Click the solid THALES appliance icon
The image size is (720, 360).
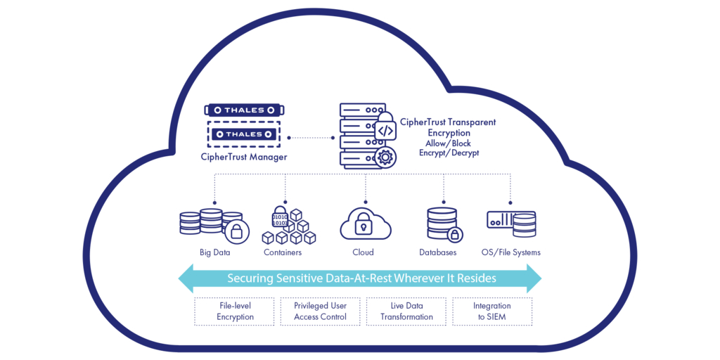[244, 110]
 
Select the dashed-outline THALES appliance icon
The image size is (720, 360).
[244, 134]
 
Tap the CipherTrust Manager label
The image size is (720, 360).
[243, 157]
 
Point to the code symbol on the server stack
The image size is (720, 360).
[385, 131]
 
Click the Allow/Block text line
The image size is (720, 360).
[449, 143]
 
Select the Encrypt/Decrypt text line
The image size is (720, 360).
[449, 153]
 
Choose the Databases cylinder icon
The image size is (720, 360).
[443, 224]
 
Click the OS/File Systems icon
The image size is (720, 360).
[511, 224]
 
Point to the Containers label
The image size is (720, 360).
[283, 252]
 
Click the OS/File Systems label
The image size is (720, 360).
[511, 252]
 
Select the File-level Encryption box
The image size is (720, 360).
[234, 311]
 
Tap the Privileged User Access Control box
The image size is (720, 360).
[320, 311]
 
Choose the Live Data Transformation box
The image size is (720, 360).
[406, 311]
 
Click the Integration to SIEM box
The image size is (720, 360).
[492, 311]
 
